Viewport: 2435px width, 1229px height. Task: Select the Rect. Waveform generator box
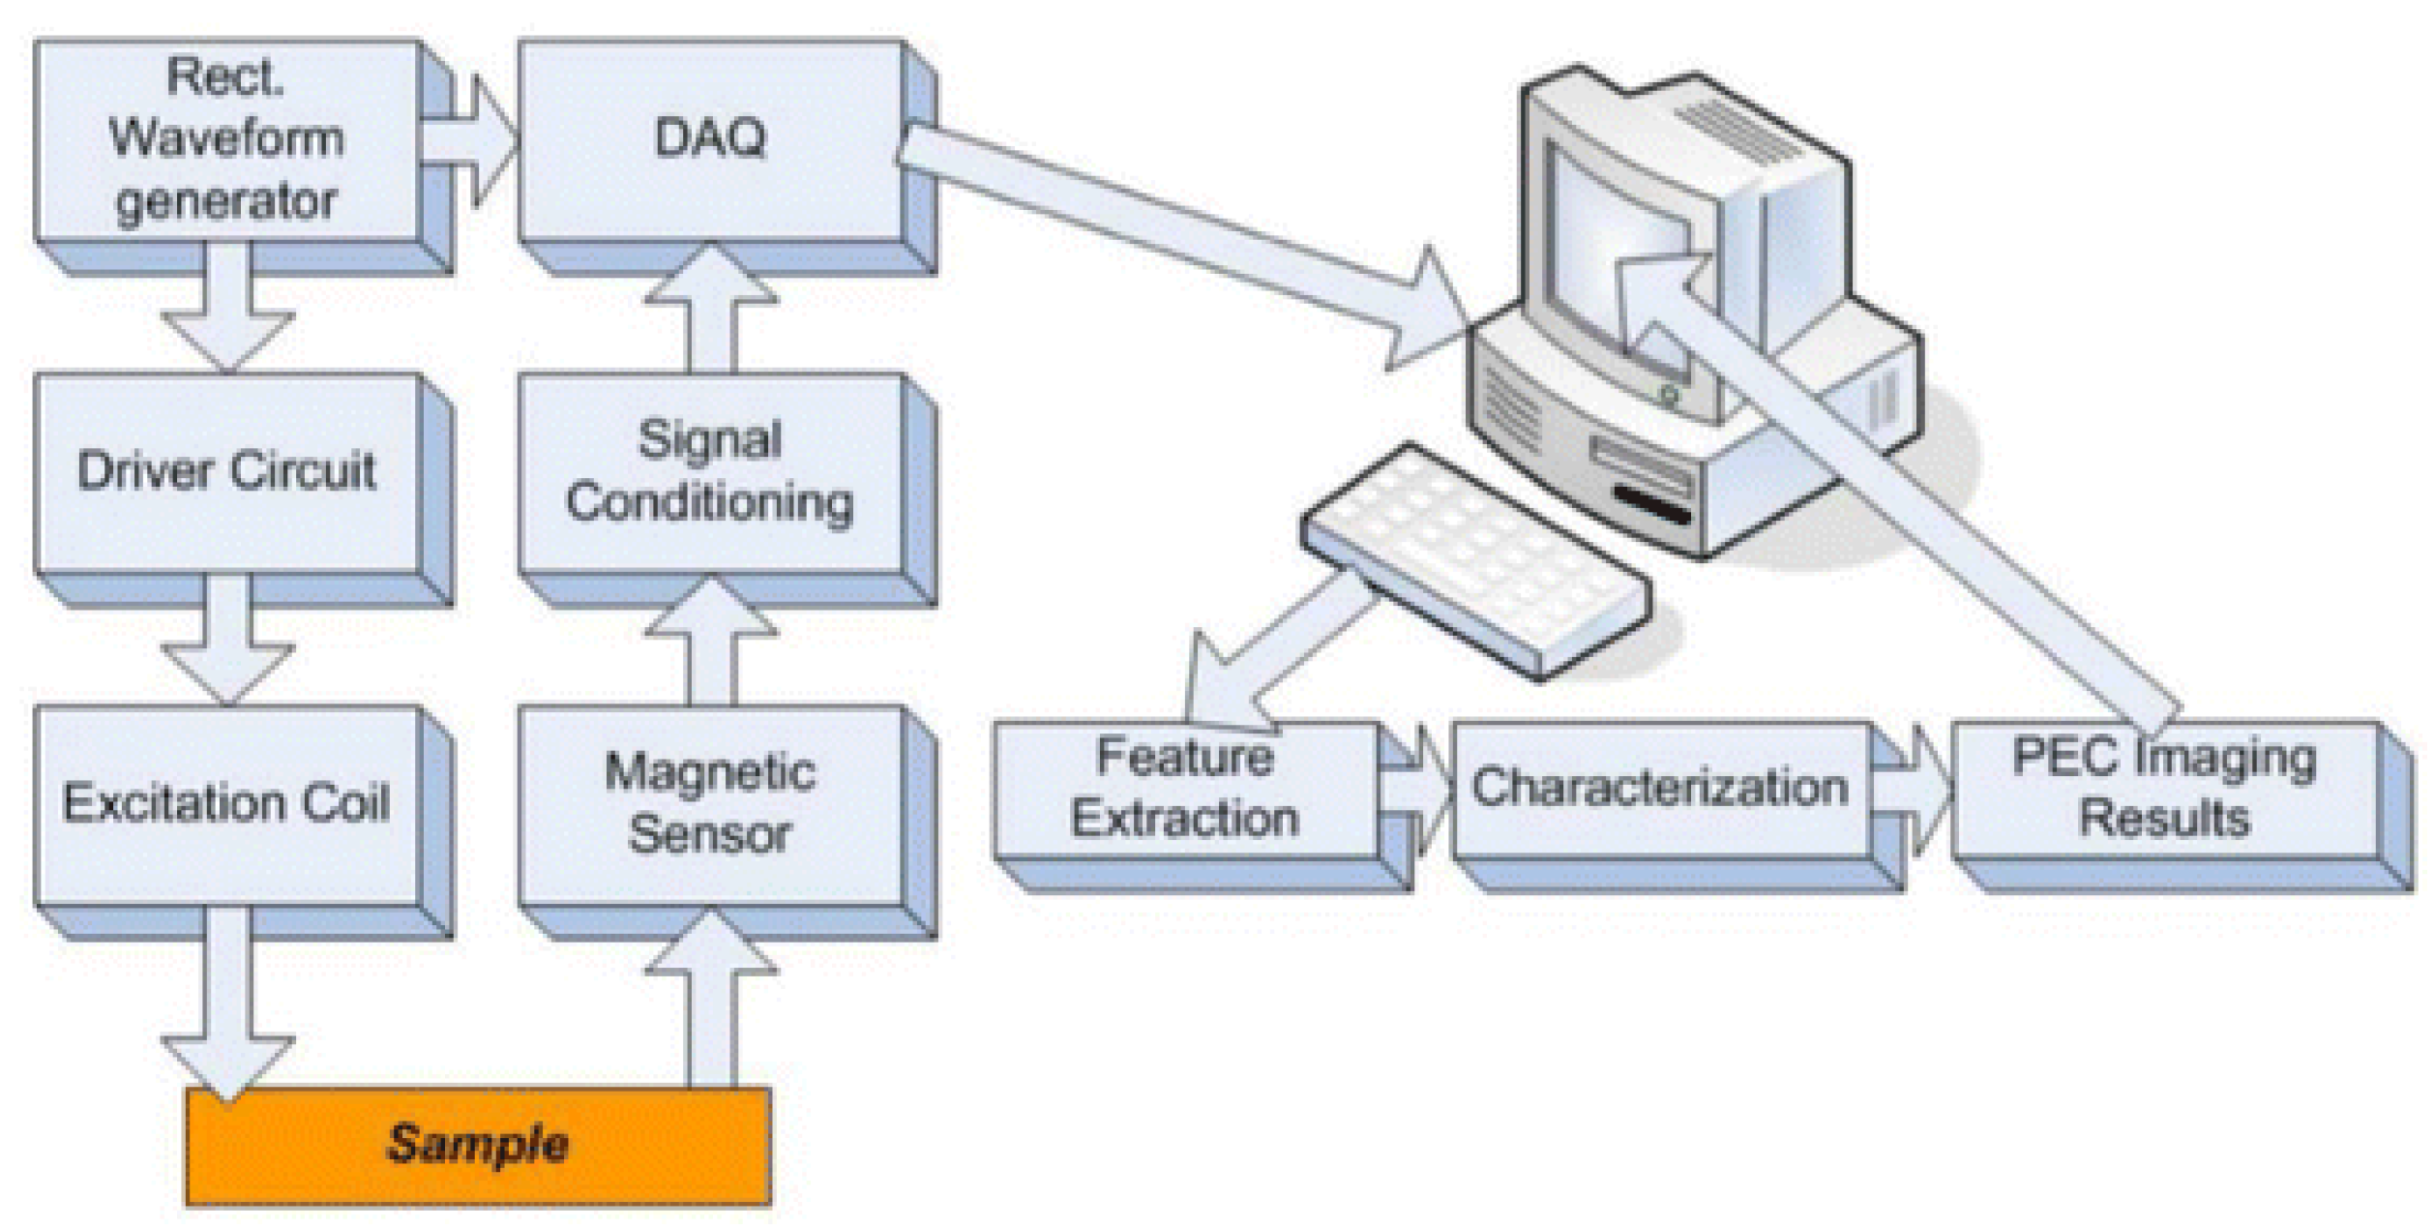(227, 140)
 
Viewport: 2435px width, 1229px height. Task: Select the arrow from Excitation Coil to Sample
(228, 1006)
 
